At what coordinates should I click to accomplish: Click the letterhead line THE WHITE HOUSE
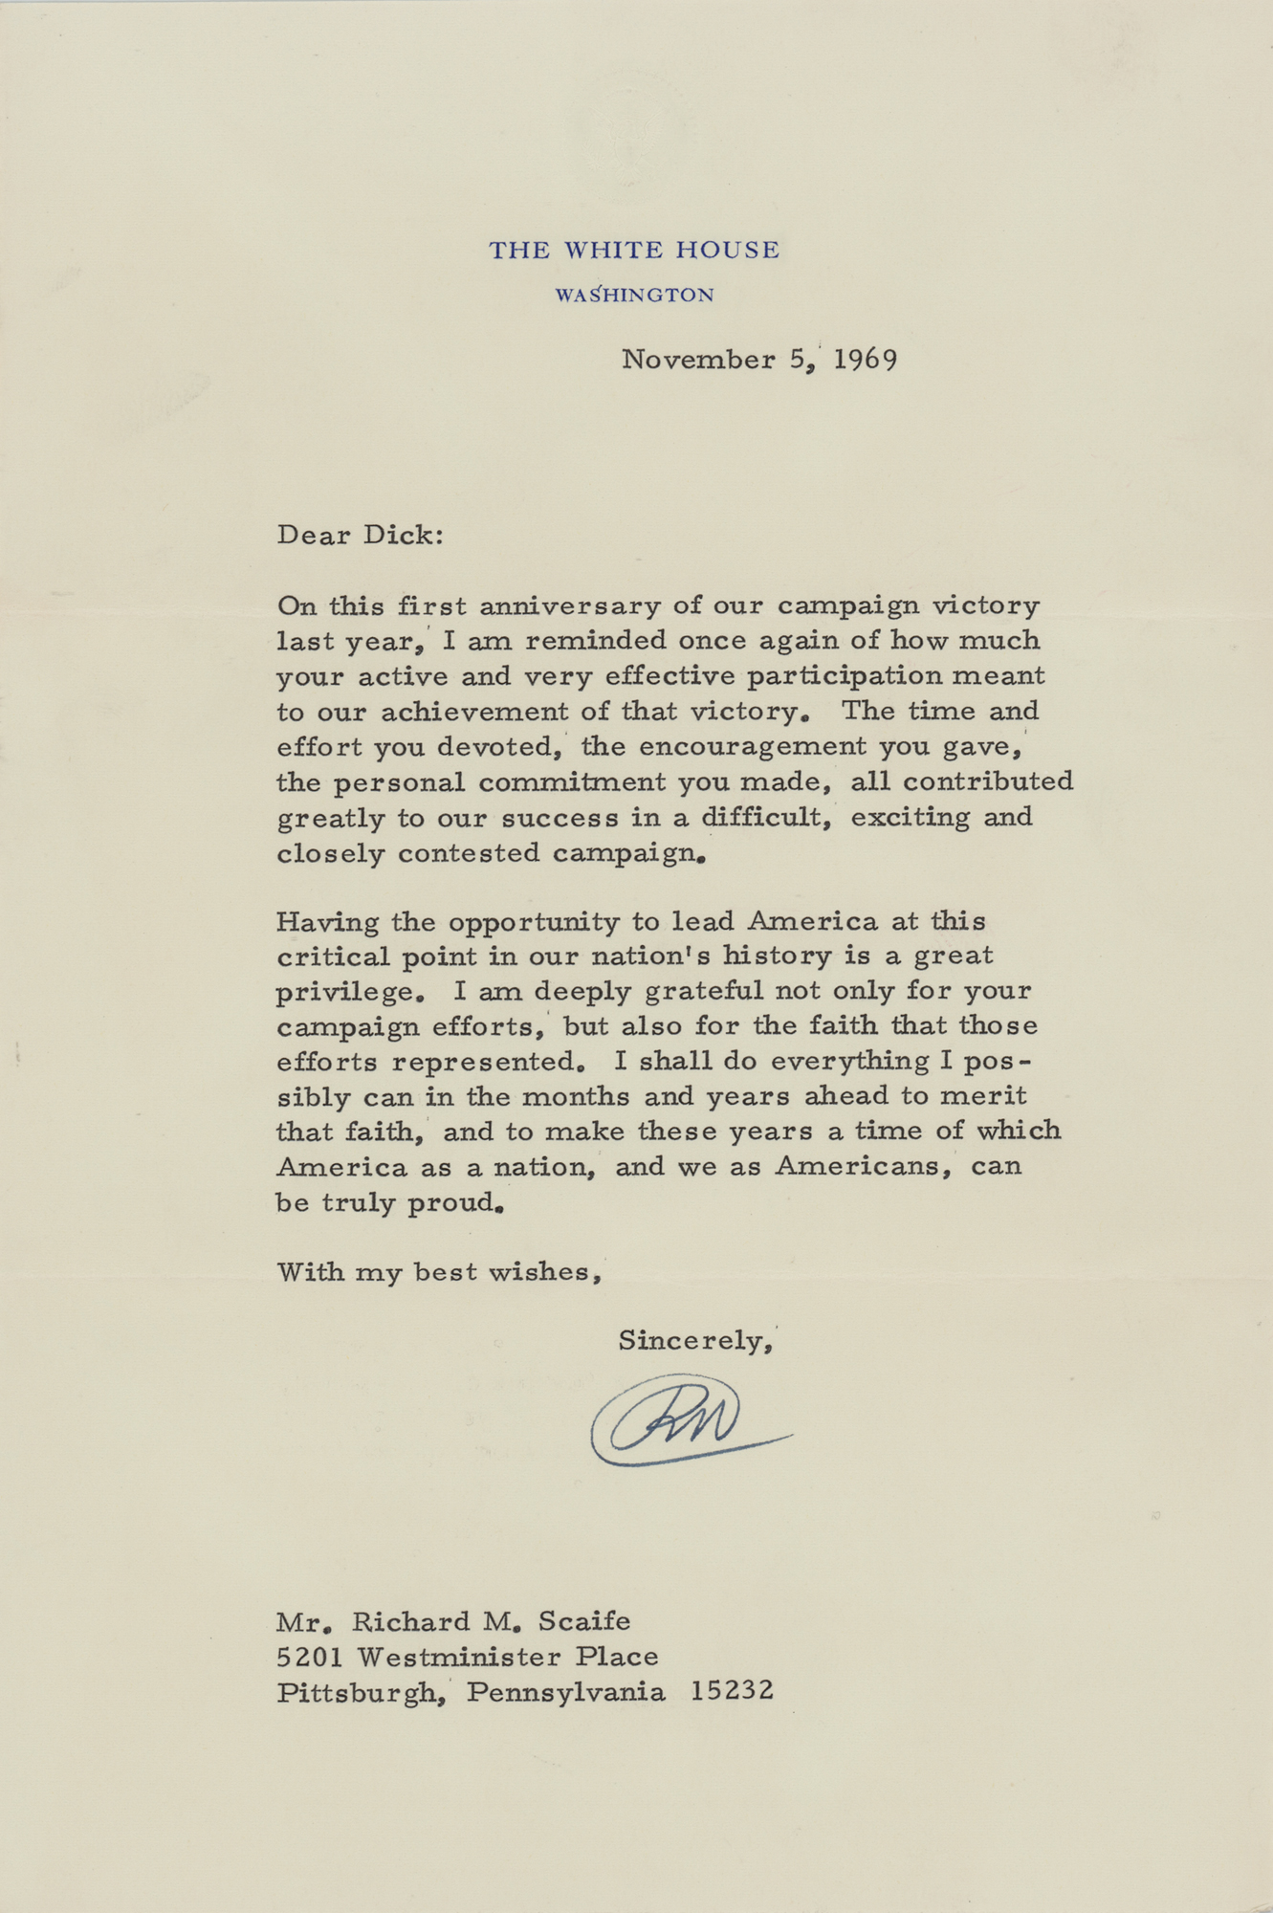[634, 251]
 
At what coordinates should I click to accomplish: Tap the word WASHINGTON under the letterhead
[634, 296]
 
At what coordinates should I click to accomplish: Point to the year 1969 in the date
[865, 361]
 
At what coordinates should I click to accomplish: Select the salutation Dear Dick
[360, 535]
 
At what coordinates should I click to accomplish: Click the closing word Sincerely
[695, 1341]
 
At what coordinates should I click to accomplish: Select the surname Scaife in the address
[583, 1621]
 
